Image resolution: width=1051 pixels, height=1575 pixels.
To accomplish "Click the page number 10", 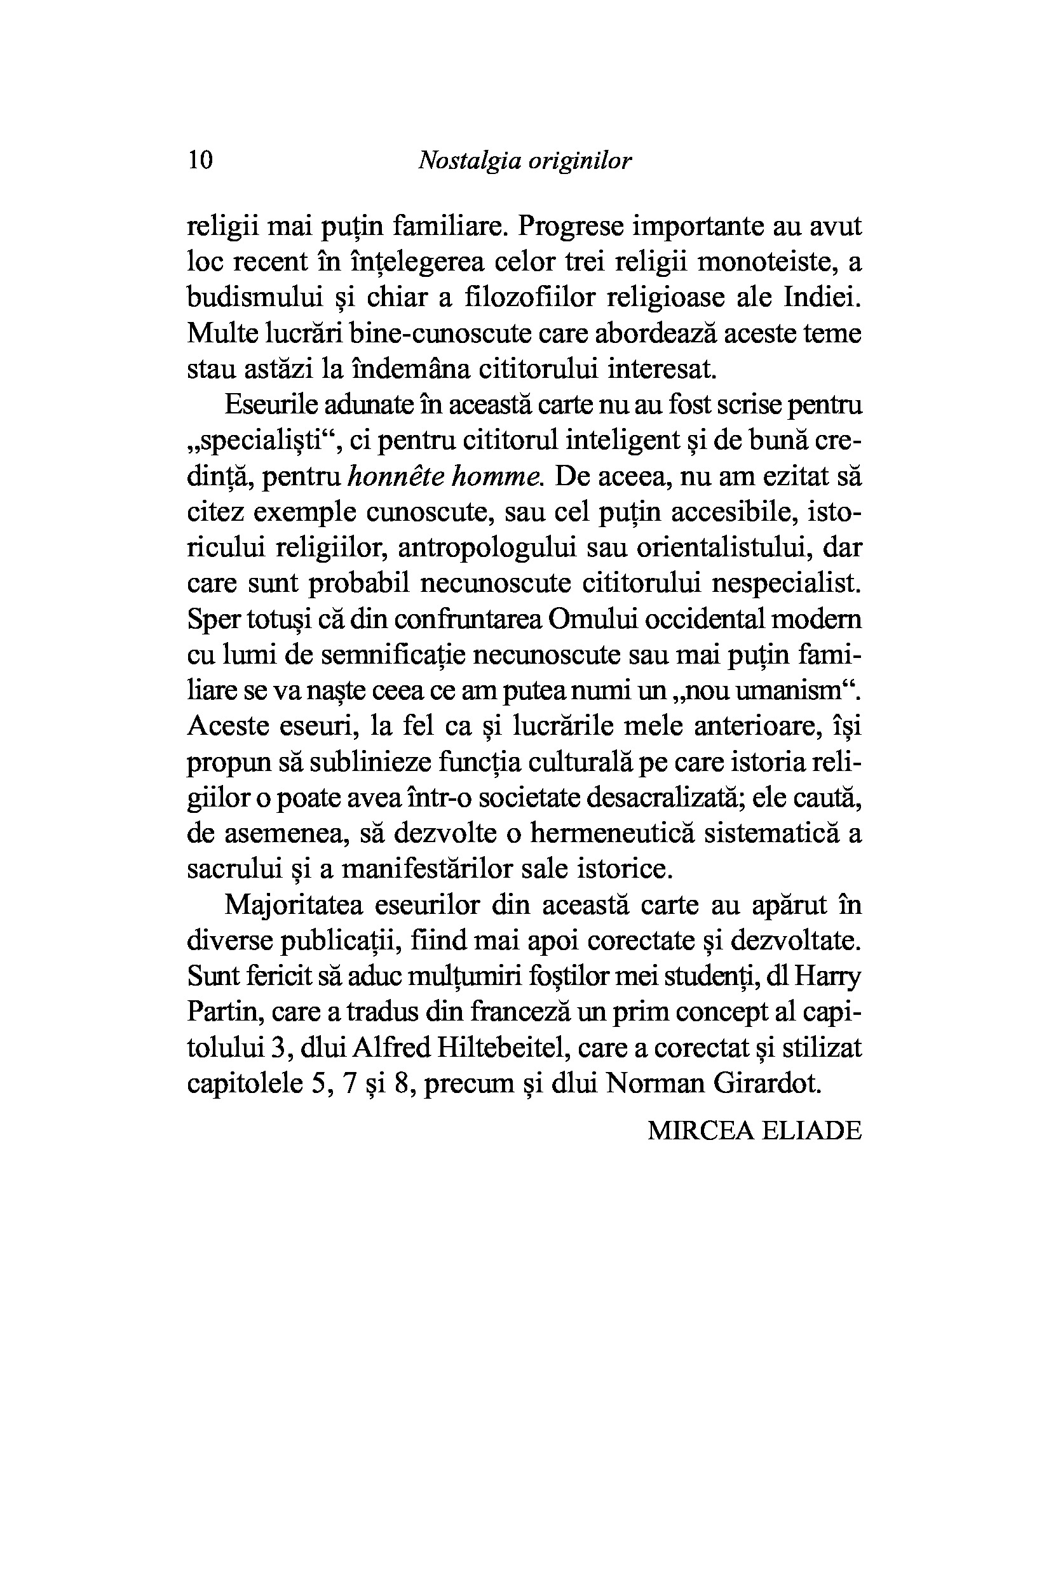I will [x=200, y=161].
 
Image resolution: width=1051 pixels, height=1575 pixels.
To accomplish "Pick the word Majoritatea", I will [x=294, y=905].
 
